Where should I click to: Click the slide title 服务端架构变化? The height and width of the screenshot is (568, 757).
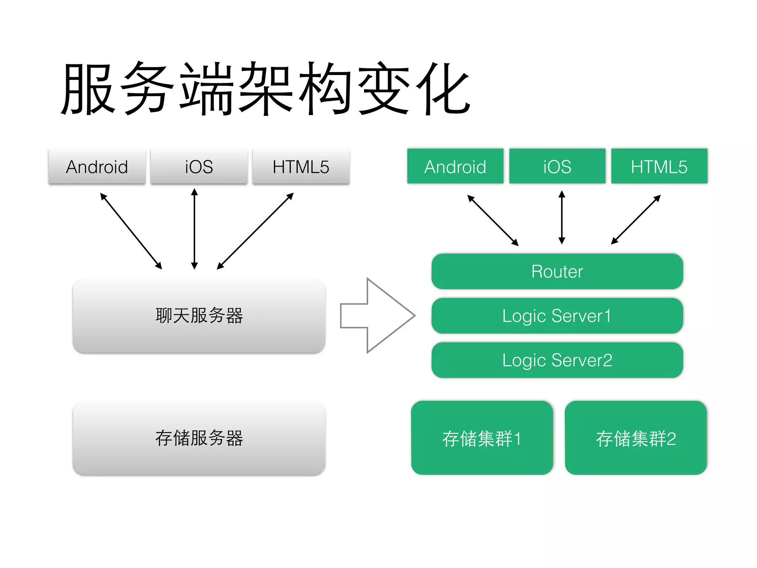pos(265,89)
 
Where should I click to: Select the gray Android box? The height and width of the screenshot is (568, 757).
pos(97,166)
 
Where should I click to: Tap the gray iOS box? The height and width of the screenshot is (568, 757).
pos(199,166)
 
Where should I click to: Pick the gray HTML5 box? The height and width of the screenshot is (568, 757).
pos(301,166)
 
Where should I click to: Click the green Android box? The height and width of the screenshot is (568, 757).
pos(455,166)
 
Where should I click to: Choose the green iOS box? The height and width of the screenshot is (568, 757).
pos(557,166)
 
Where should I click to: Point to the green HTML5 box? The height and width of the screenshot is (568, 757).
pos(659,166)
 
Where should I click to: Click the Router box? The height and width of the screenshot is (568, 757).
pos(557,271)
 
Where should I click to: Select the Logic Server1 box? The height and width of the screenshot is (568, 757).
pos(557,316)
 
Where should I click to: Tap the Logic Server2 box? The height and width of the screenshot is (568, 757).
pos(557,360)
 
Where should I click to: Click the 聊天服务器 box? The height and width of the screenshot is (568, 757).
pos(199,316)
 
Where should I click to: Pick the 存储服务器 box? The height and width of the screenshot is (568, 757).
pos(199,438)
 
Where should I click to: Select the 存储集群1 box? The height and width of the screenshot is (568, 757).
pos(482,438)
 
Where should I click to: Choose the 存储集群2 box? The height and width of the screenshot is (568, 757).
pos(636,438)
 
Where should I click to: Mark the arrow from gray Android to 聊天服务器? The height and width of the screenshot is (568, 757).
pos(131,231)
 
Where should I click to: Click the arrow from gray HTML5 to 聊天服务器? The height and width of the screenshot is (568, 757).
pos(255,231)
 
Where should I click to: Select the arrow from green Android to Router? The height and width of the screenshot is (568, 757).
pos(493,220)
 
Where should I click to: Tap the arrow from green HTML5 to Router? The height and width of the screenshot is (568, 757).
pos(636,220)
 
